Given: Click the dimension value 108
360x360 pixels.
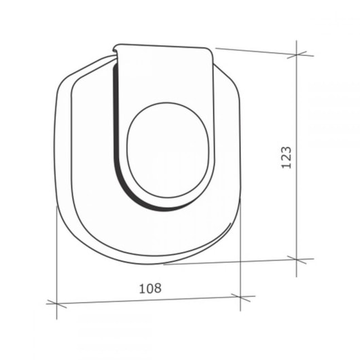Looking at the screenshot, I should point(151,287).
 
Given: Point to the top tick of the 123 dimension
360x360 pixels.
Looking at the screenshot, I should point(297,55).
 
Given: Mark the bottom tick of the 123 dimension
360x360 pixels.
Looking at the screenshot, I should point(297,259).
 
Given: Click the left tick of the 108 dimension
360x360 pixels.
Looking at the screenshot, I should point(56,302).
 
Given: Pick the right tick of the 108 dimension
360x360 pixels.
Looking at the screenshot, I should point(240,296).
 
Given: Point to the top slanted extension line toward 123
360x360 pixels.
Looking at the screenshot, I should point(258,52).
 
